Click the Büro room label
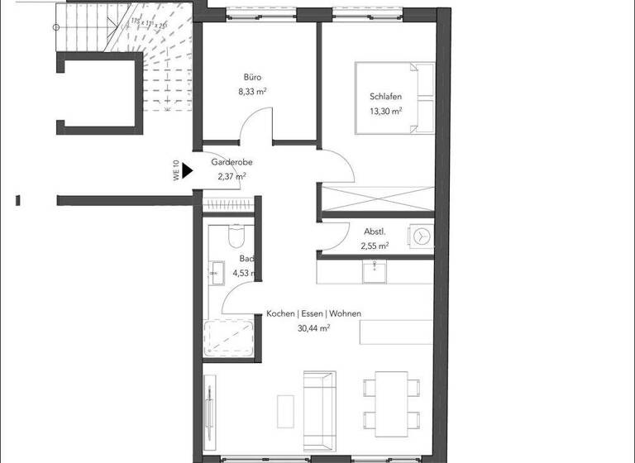(252, 76)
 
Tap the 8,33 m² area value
(252, 92)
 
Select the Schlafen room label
(385, 96)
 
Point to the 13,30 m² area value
(385, 111)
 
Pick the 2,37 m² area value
(232, 176)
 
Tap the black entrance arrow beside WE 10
(187, 171)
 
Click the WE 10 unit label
(176, 170)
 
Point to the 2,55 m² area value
(375, 246)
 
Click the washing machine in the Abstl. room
(422, 236)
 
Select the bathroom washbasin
(217, 272)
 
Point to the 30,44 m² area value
(313, 328)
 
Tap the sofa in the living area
(319, 405)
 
